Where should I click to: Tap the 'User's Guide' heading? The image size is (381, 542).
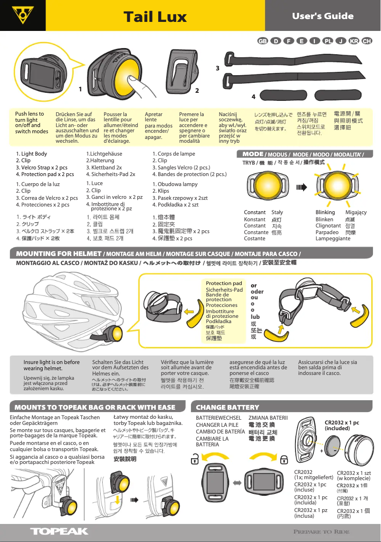[x=323, y=16]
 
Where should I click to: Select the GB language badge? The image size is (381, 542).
[x=262, y=41]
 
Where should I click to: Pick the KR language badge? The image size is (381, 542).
[x=353, y=41]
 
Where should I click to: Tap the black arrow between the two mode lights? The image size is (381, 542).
[x=302, y=187]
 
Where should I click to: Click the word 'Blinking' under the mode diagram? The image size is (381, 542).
[x=325, y=212]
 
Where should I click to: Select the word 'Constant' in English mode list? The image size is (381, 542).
[x=254, y=212]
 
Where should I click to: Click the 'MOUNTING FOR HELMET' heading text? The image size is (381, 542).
[x=59, y=254]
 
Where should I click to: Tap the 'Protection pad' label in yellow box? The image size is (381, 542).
[x=224, y=284]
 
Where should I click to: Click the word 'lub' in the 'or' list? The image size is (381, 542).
[x=255, y=316]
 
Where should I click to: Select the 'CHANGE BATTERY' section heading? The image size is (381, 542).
[x=228, y=407]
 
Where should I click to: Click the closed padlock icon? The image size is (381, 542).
[x=283, y=459]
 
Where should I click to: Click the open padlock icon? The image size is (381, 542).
[x=194, y=460]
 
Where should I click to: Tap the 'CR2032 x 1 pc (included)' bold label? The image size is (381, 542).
[x=342, y=425]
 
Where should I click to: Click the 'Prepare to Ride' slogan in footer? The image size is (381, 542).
[x=321, y=532]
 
